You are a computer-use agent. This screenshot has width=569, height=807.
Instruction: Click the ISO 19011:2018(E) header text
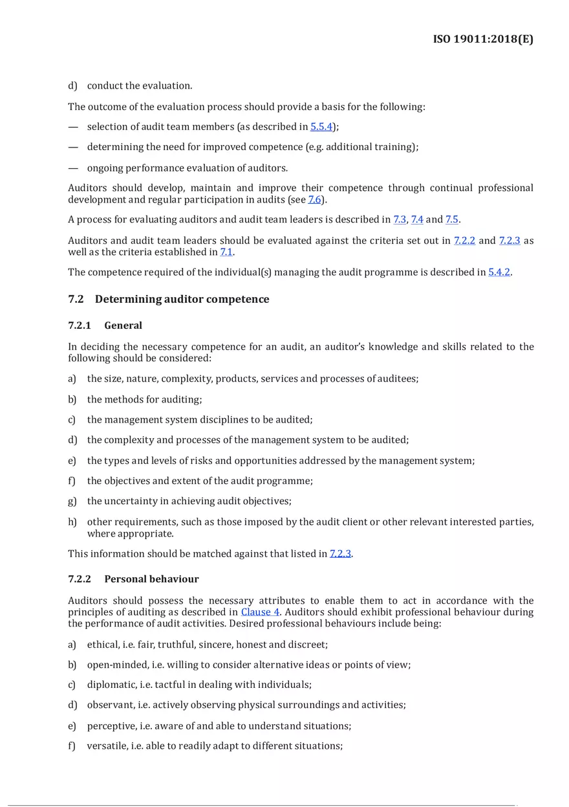(x=483, y=39)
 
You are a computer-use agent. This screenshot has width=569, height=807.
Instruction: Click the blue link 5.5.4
(x=321, y=127)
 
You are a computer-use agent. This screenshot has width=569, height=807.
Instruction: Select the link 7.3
(x=400, y=220)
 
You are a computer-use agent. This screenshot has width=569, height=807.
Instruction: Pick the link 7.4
(x=417, y=220)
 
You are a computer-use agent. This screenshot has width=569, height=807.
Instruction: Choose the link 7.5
(x=452, y=220)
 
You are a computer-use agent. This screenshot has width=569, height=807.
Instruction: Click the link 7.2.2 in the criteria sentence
(x=464, y=241)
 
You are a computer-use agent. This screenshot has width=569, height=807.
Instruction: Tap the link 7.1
(x=226, y=252)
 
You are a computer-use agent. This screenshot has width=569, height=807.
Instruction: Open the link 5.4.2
(x=499, y=272)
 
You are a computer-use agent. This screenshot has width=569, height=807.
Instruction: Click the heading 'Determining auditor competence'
(x=182, y=299)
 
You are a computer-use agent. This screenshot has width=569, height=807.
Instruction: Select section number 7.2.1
(x=80, y=326)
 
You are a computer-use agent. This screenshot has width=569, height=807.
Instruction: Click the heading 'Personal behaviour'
(x=151, y=579)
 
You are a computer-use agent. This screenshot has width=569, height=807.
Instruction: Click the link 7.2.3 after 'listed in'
(x=341, y=554)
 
